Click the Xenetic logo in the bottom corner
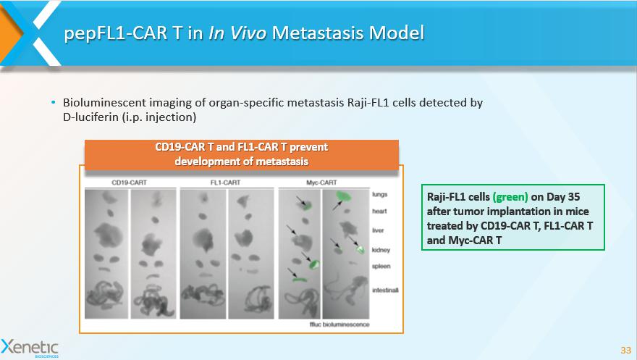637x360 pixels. click(x=30, y=348)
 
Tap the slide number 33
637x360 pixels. click(x=625, y=350)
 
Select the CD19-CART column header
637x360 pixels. click(x=129, y=183)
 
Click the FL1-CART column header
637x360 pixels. click(x=225, y=183)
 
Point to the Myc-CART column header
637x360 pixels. click(x=321, y=183)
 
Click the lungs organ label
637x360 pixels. click(x=380, y=194)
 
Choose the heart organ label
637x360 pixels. click(x=379, y=211)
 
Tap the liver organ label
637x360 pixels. click(x=378, y=230)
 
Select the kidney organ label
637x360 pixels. click(x=381, y=249)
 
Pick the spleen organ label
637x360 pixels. click(x=381, y=266)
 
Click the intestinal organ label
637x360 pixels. click(x=385, y=290)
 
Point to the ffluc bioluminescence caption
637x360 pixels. click(x=339, y=325)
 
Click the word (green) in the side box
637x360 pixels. click(x=510, y=197)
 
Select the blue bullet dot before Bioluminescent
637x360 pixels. click(x=54, y=102)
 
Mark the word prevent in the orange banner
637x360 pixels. click(x=308, y=147)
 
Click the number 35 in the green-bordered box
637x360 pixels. click(x=573, y=196)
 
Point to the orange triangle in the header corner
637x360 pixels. click(x=9, y=32)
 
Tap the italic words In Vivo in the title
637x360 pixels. click(x=237, y=33)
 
